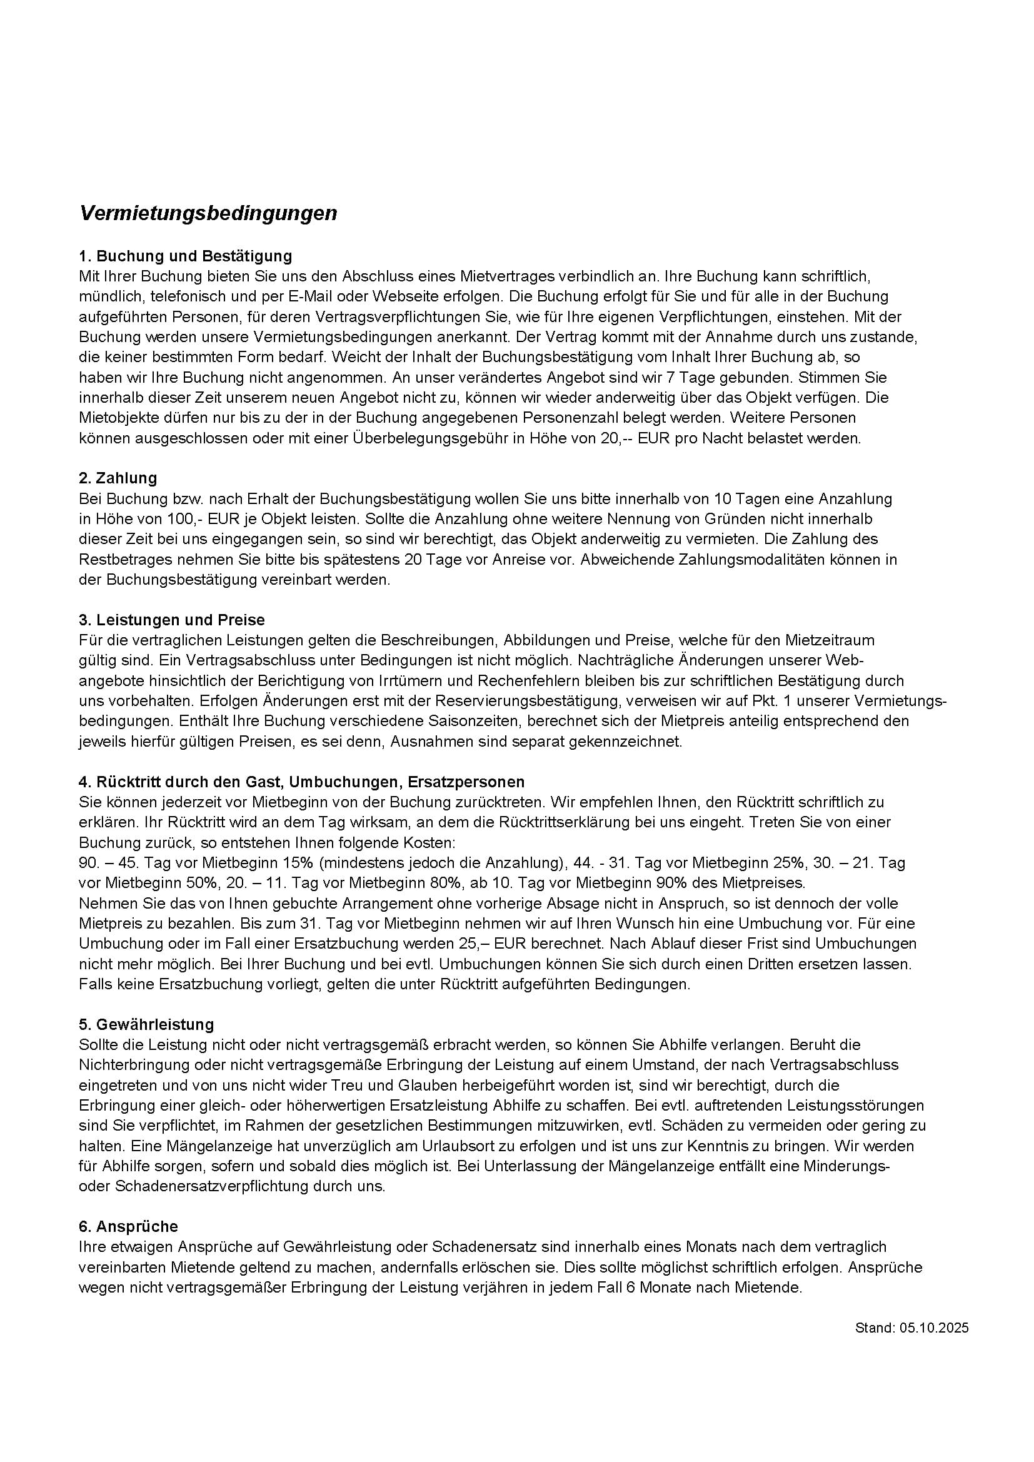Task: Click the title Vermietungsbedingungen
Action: [x=208, y=213]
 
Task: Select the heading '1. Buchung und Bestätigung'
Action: [x=185, y=256]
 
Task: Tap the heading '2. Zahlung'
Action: [x=118, y=478]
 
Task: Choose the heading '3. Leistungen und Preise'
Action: [x=172, y=620]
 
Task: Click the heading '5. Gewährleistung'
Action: [x=146, y=1024]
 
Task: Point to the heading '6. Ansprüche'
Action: [x=128, y=1226]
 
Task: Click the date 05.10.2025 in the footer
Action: [x=933, y=1328]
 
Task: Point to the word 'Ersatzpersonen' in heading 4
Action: [x=466, y=781]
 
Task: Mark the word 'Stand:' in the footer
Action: [x=875, y=1328]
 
